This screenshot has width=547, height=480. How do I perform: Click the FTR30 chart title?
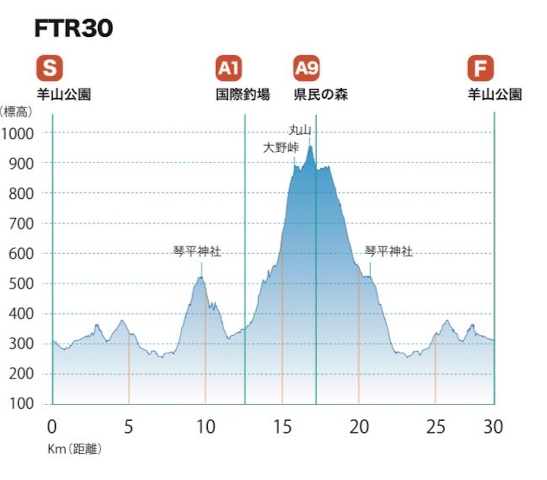click(74, 28)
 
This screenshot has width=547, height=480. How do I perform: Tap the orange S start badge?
click(50, 68)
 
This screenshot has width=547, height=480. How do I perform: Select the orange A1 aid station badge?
click(229, 68)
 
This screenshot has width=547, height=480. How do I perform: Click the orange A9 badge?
click(307, 68)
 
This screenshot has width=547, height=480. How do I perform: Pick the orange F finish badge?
click(481, 68)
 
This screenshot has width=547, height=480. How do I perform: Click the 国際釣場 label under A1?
click(243, 94)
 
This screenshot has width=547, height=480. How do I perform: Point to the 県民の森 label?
click(321, 94)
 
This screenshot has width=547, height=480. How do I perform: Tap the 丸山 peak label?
click(300, 130)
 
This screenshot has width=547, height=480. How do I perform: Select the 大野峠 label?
click(281, 148)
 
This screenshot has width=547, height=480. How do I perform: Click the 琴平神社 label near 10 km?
click(197, 251)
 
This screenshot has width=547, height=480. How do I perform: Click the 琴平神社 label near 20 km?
click(389, 251)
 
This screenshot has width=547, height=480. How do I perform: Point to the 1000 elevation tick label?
click(18, 134)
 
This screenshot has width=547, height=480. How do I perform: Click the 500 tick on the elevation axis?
click(21, 284)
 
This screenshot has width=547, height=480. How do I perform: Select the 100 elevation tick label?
click(21, 404)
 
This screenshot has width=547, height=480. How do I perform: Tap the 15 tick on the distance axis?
click(282, 427)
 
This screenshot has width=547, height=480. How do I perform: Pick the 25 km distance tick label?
click(435, 427)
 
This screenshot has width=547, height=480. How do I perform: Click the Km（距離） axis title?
click(75, 449)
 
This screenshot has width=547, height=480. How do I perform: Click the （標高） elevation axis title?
click(16, 112)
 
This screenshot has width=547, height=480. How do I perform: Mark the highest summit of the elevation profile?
click(310, 146)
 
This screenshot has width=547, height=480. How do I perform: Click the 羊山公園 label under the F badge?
click(495, 94)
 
